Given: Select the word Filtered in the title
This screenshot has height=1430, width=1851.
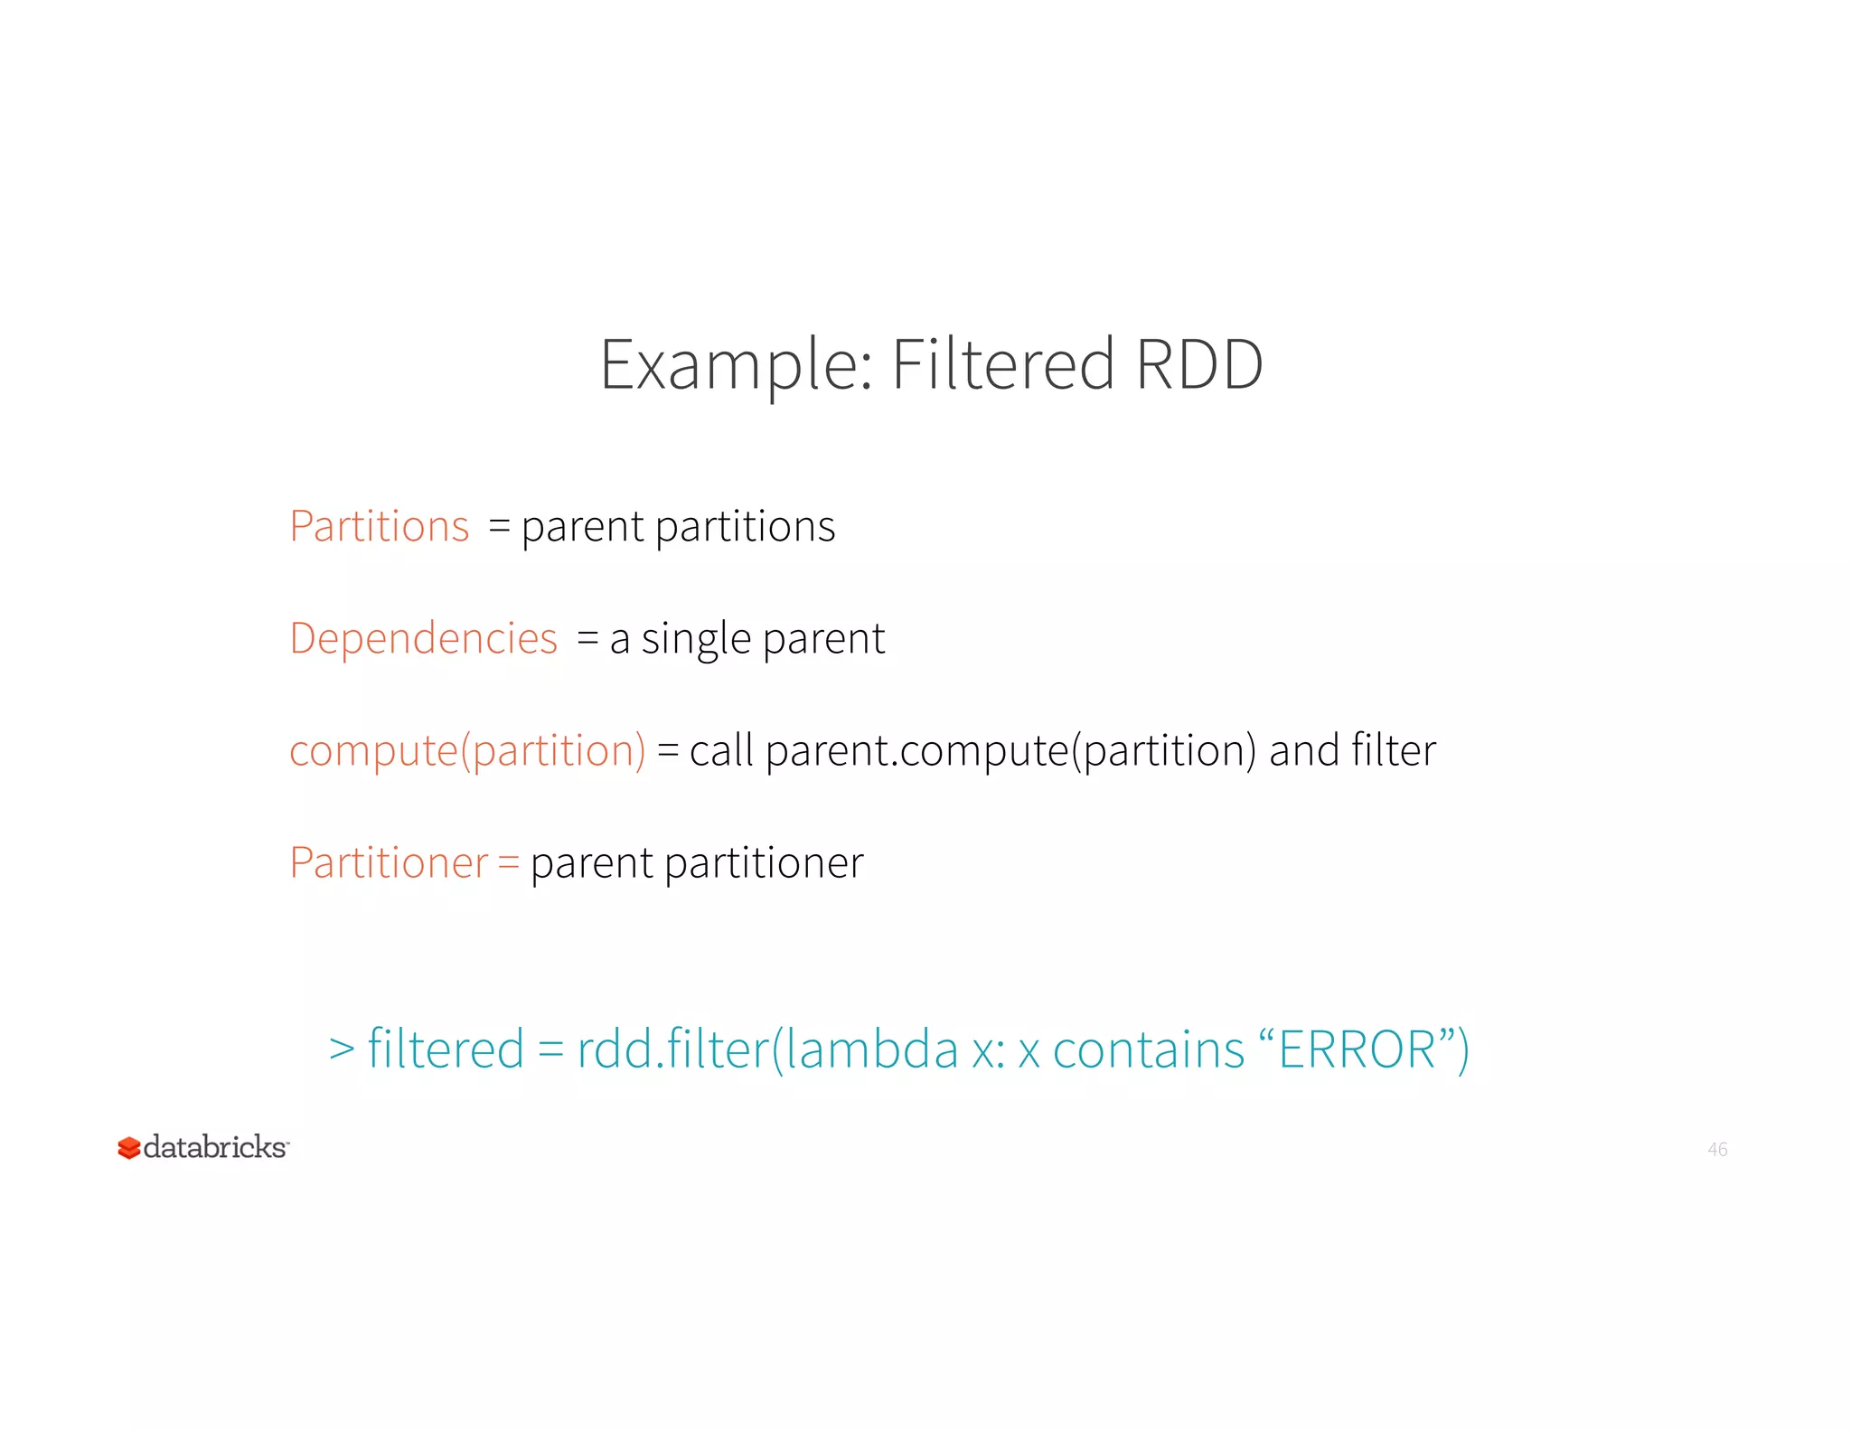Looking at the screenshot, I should tap(1002, 363).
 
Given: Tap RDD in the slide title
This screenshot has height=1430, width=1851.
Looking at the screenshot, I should tap(1198, 363).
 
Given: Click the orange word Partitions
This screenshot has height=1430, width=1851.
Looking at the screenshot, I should tap(380, 526).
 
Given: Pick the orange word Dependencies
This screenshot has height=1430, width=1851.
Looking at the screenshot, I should tap(423, 639).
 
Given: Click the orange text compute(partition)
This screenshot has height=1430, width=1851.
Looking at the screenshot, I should tap(467, 751).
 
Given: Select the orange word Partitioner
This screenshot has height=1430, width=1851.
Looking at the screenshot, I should tap(389, 862).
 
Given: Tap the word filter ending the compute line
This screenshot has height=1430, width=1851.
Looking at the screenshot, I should tap(1393, 750).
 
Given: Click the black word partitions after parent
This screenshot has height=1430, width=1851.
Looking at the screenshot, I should tap(745, 527).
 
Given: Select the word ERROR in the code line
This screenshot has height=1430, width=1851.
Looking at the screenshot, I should tap(1358, 1049).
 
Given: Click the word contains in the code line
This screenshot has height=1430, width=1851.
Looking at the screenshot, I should tap(1149, 1049).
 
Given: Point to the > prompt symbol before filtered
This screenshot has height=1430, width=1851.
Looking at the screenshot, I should tap(342, 1049).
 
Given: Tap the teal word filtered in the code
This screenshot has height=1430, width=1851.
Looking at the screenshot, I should tap(446, 1049).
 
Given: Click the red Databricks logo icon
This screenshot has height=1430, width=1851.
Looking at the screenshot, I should tap(129, 1148).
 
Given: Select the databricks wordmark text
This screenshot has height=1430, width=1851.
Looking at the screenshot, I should tap(215, 1147).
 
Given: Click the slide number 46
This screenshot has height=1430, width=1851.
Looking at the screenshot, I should tap(1717, 1149).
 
